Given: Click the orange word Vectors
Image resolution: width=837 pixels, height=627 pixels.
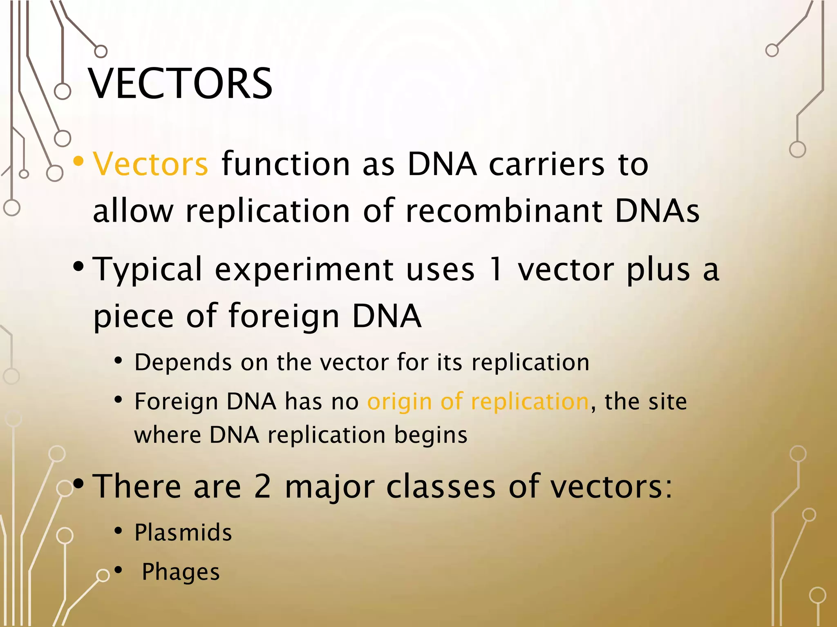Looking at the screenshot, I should (150, 164).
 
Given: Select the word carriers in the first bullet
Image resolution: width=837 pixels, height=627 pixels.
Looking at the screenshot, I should (546, 164).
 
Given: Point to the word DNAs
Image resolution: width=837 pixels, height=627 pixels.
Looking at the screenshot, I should (657, 211).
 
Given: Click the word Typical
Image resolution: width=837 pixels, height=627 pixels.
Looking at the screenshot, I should (148, 270).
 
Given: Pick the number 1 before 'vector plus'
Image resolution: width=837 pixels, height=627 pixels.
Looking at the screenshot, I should (496, 269).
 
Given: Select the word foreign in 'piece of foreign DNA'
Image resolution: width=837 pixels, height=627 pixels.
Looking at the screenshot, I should (284, 316).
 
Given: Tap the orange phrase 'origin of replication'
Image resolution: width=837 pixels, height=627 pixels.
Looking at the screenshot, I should (478, 401).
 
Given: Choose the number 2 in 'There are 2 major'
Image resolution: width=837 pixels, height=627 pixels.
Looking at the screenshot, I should (262, 486).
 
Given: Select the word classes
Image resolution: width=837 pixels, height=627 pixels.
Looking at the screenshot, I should (441, 486).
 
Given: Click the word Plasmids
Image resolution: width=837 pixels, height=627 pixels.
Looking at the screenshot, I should (183, 533).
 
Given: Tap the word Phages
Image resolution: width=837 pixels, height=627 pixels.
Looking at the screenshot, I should (181, 572).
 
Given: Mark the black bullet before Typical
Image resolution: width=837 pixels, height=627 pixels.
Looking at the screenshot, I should (78, 267).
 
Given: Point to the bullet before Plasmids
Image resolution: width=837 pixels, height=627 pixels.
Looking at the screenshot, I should (118, 531).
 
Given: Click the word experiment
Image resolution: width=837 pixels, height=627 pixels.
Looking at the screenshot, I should (304, 270).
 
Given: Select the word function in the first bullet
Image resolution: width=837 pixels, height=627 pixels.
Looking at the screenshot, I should (285, 164).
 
